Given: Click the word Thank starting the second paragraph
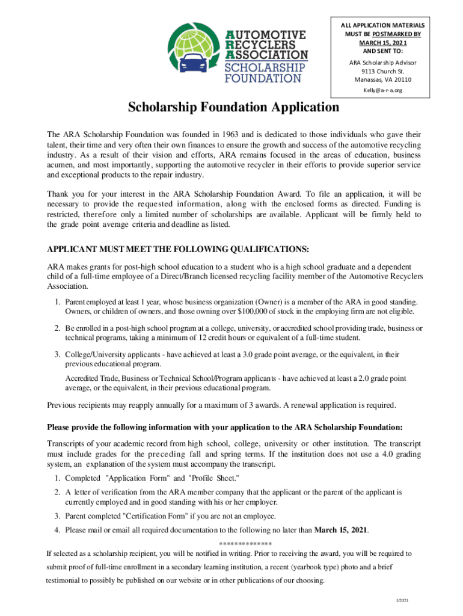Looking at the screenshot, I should tap(60, 194).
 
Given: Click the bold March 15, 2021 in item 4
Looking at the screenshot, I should tap(342, 529).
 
